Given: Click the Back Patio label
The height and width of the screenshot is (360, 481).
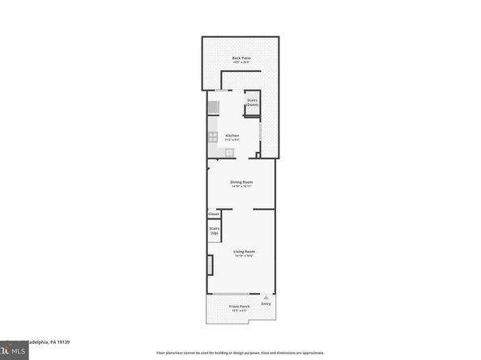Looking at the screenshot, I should tap(240, 57).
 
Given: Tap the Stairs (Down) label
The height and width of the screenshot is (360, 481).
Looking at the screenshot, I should tap(252, 103).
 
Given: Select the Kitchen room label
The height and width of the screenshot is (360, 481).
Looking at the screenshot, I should tap(232, 135).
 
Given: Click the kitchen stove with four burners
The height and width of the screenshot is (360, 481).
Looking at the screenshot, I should tap(214, 137).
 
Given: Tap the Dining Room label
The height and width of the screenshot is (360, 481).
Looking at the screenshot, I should tap(241, 182).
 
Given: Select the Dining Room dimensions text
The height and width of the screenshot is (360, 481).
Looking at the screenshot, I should tap(241, 187).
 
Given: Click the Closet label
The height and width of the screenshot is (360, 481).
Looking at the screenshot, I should tap(214, 214).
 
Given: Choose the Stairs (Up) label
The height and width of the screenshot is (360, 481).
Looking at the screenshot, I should tap(215, 231).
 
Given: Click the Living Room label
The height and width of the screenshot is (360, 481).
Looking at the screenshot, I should tap(244, 252).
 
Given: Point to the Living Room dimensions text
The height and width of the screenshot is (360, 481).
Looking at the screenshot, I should tap(244, 256).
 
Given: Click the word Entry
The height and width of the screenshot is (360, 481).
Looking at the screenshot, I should tap(266, 303).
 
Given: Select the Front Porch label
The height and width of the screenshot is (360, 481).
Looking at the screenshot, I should tap(239, 306).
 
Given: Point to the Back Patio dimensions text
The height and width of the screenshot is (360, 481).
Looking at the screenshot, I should tap(240, 62).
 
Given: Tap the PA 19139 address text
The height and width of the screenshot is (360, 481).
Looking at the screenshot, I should tap(49, 341).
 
